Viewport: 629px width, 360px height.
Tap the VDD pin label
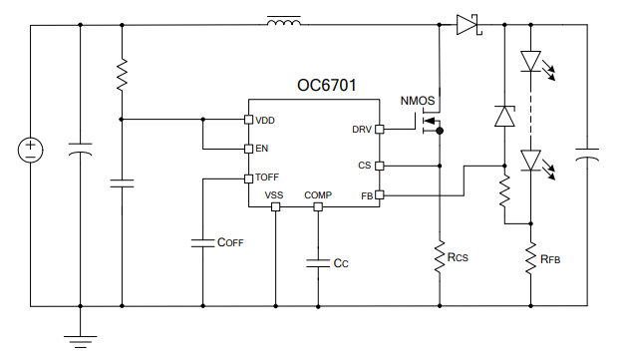click(265, 121)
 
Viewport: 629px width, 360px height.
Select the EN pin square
click(248, 149)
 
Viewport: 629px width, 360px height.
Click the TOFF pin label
click(267, 178)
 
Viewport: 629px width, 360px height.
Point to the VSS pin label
click(275, 195)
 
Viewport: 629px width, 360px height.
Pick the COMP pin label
click(318, 195)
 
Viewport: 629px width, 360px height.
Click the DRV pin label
click(361, 130)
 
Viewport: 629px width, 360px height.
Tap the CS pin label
click(364, 166)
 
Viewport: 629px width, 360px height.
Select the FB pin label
click(365, 196)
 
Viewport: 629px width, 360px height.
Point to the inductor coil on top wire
click(285, 21)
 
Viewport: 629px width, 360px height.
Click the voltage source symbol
click(30, 151)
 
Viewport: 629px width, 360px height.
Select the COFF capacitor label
click(229, 242)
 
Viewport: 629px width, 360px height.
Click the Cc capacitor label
click(341, 263)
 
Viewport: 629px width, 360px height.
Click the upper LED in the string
click(530, 62)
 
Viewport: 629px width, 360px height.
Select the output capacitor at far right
click(588, 155)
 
